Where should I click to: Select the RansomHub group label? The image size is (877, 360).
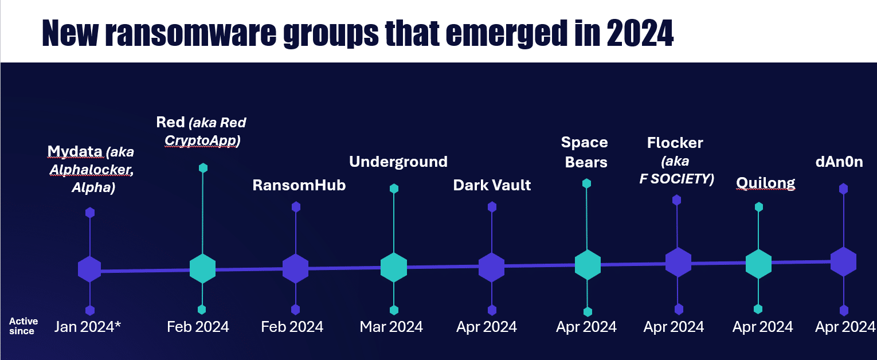[299, 185]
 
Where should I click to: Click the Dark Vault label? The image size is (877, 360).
[492, 185]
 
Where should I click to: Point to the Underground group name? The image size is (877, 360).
[398, 162]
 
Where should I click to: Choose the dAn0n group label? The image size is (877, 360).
[839, 162]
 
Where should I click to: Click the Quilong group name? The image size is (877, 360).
[765, 183]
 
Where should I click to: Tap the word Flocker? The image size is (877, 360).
[675, 143]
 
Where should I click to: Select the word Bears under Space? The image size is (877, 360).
[586, 162]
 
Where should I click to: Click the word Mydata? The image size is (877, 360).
[75, 151]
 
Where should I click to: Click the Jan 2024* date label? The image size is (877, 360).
[88, 327]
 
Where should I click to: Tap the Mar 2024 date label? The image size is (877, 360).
[391, 327]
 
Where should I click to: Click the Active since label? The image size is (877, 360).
[24, 326]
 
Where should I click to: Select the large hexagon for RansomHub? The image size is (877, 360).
[296, 268]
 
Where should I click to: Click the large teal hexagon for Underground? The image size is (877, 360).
[394, 267]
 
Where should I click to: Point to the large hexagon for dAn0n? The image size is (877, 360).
[843, 261]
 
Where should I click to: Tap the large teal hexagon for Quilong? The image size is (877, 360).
[758, 264]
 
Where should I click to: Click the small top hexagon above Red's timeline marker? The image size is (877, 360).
[203, 168]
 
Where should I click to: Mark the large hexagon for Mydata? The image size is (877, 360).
[89, 269]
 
